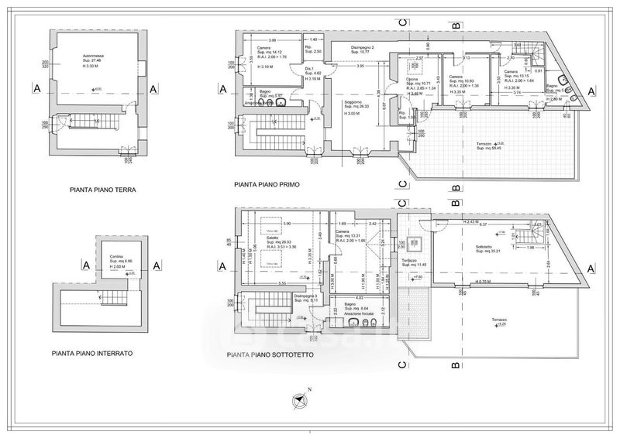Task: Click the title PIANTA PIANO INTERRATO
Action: [x=92, y=353]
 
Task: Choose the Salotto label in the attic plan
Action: [x=267, y=239]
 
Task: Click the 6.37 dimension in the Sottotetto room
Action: [x=482, y=225]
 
